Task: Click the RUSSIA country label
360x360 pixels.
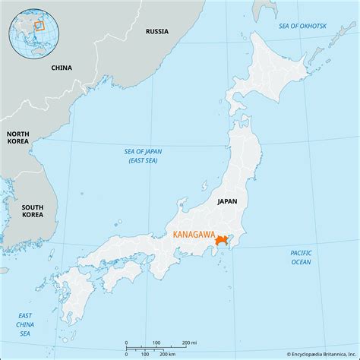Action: tap(157, 32)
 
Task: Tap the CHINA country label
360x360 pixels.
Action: tap(62, 68)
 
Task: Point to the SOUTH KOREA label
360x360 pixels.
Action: tap(32, 210)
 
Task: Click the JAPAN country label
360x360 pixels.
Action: tap(227, 201)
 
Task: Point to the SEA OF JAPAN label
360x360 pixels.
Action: tap(144, 156)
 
